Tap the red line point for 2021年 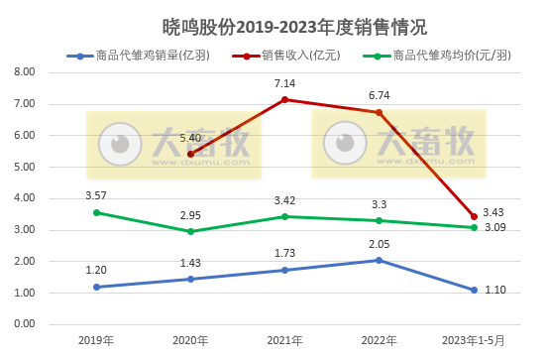tap(284, 99)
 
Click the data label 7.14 tap(284, 83)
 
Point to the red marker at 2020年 tap(190, 154)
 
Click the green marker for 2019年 tap(96, 212)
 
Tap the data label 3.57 tap(96, 195)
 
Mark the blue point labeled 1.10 tap(474, 290)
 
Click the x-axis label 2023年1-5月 tap(474, 340)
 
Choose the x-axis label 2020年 tap(190, 340)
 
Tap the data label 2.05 tap(380, 243)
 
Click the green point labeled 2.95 tap(190, 231)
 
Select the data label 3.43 tap(493, 213)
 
